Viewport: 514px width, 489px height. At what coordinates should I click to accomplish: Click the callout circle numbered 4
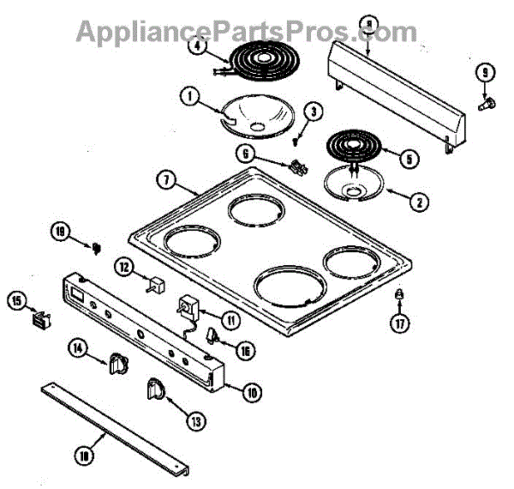tap(199, 49)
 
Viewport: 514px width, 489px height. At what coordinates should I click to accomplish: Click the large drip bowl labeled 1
tap(255, 117)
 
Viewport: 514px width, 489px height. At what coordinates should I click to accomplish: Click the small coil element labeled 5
tap(354, 146)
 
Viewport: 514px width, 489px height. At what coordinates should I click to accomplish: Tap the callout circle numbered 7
tap(166, 181)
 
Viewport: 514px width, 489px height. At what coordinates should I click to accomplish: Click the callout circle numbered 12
tap(125, 268)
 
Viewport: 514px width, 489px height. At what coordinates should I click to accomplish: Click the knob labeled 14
tap(117, 365)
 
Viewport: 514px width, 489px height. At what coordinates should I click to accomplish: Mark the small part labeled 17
tap(399, 297)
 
